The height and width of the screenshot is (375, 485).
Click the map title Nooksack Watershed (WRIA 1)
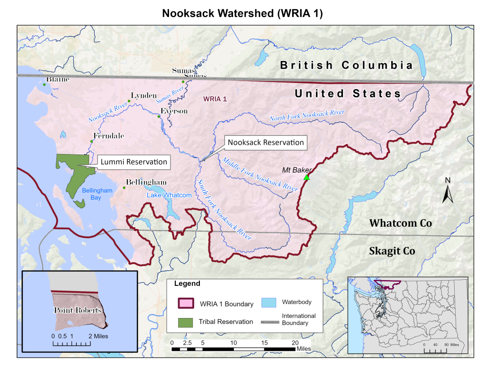point(242,13)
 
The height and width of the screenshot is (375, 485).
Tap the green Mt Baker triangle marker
point(306,177)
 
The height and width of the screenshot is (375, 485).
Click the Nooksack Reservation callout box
point(265,142)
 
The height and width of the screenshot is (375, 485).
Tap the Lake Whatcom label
point(169,195)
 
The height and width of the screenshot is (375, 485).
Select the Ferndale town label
point(108,136)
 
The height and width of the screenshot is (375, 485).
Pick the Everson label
point(174,111)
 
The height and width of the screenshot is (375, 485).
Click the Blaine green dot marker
point(44,84)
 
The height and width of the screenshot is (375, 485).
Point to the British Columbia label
point(347,65)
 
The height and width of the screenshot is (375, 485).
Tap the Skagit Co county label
point(392,251)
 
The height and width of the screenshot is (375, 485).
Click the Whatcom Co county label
point(400,223)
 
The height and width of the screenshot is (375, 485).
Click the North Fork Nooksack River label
point(307,115)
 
